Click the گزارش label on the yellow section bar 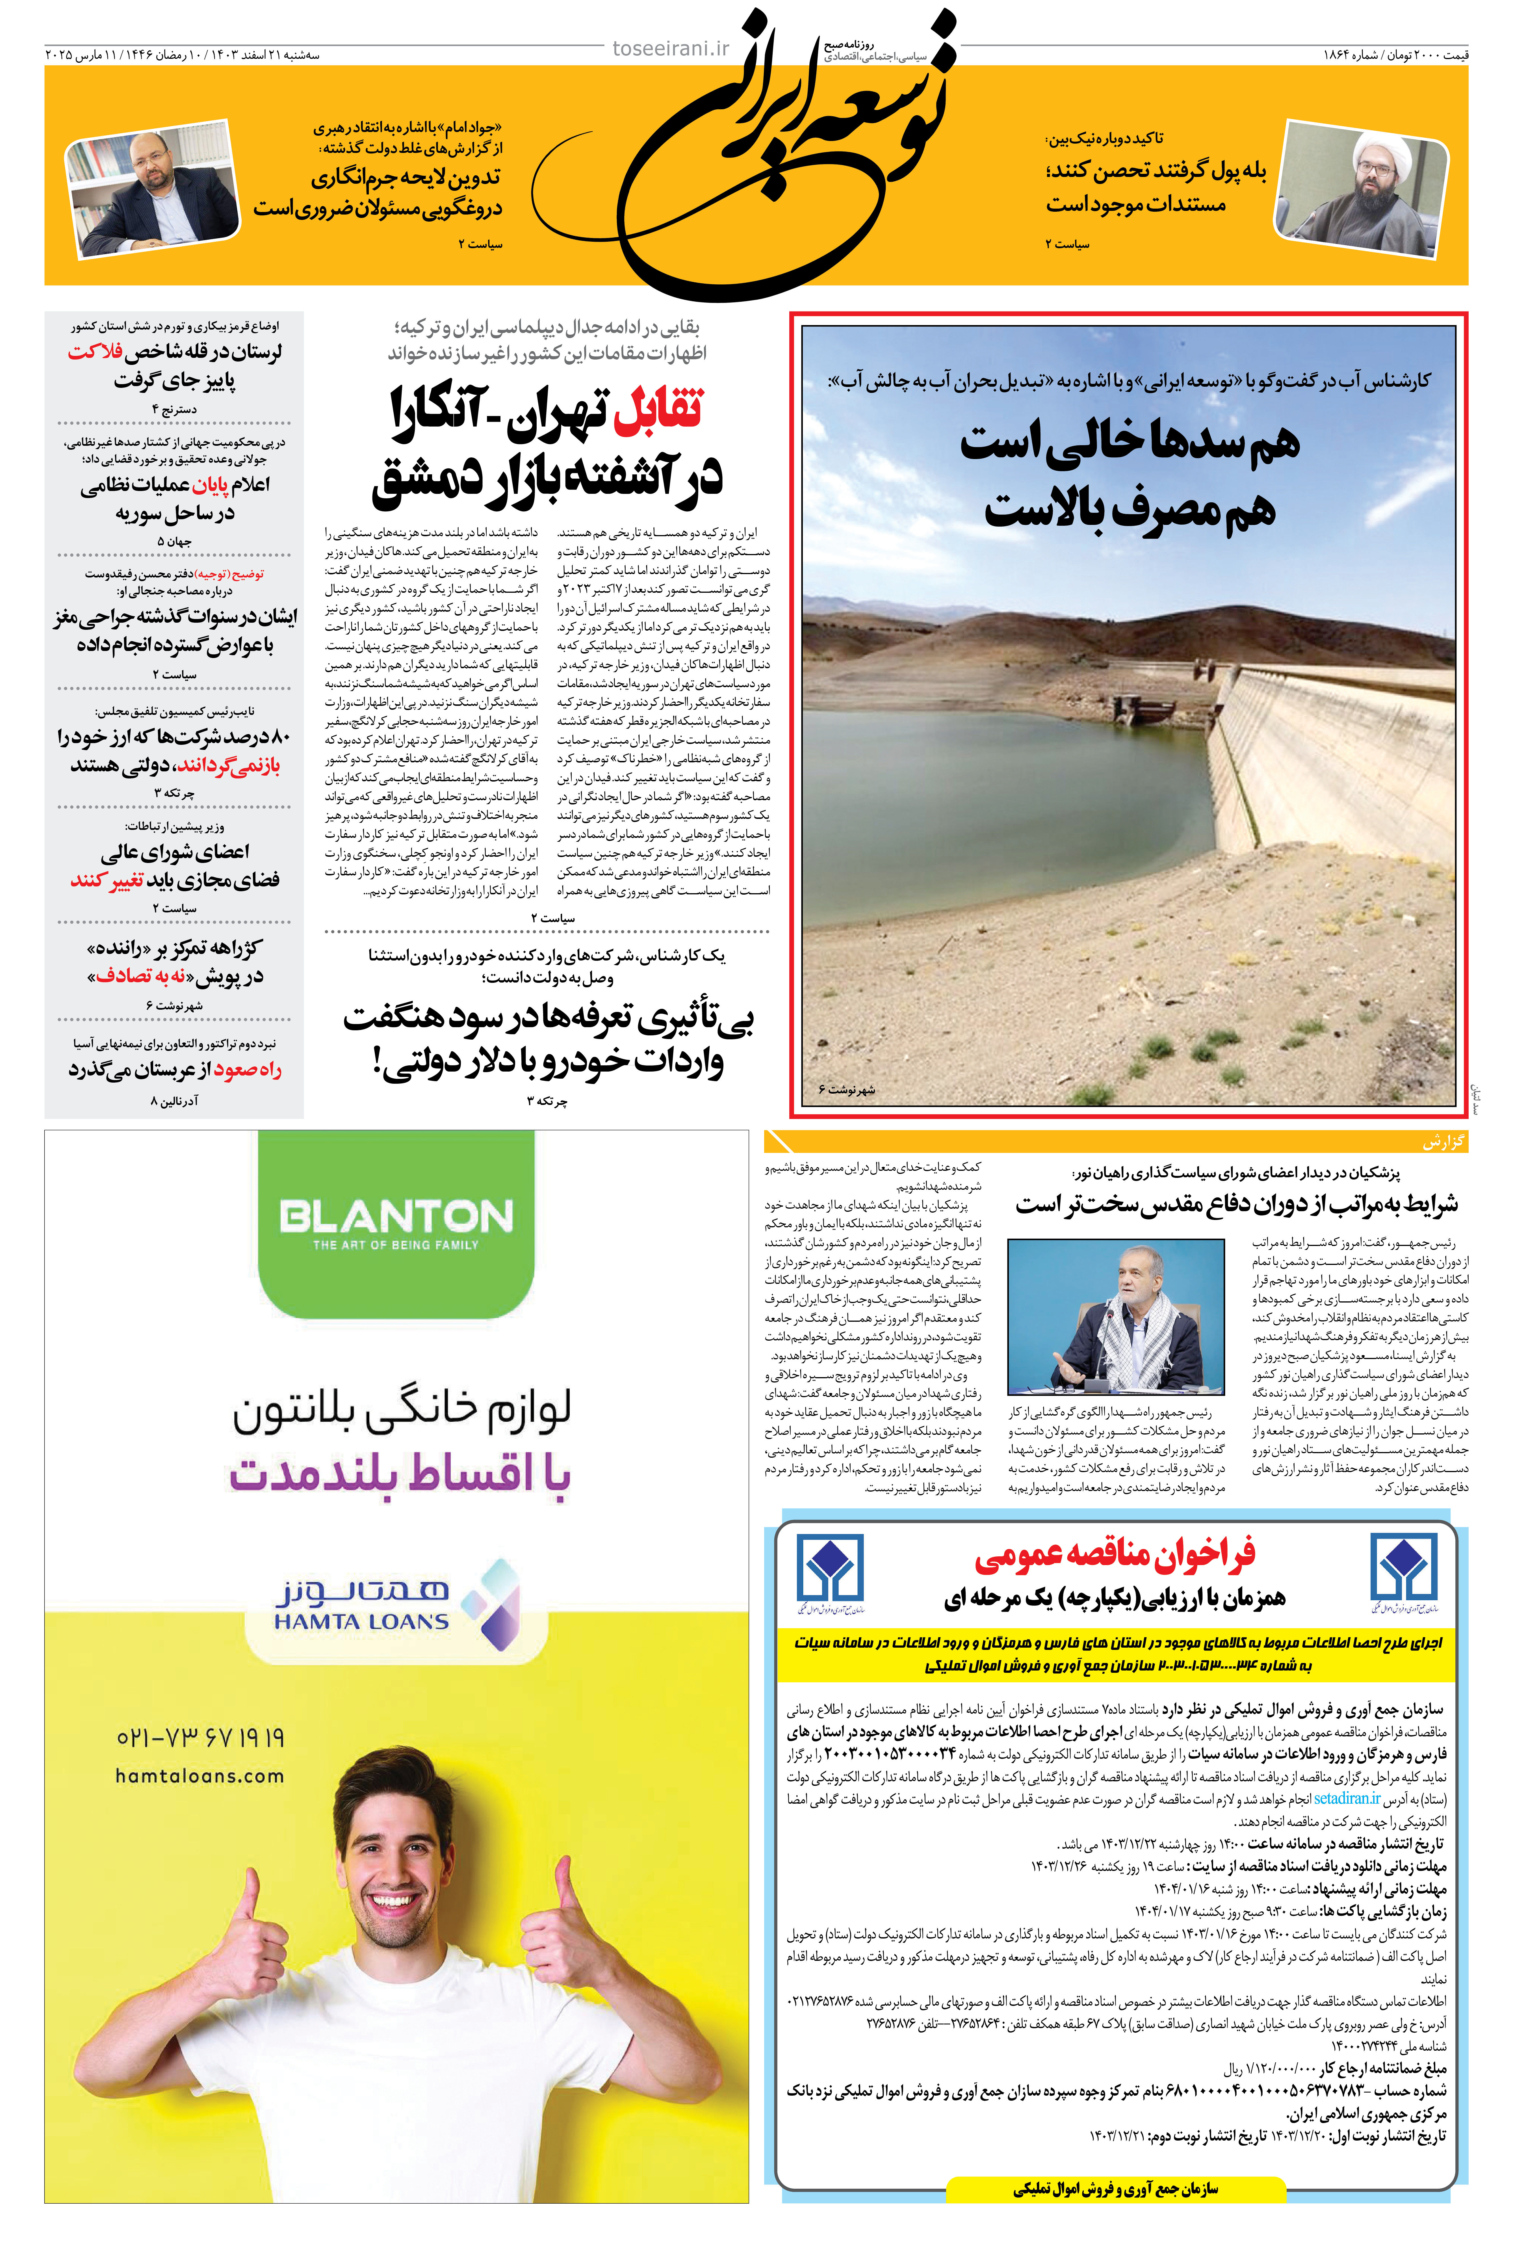[1443, 1142]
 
